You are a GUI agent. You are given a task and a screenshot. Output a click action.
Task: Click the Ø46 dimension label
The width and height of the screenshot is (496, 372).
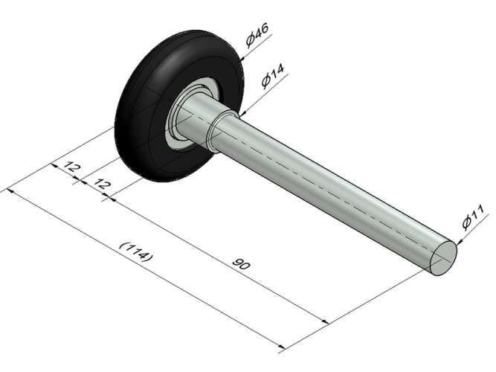pos(257,35)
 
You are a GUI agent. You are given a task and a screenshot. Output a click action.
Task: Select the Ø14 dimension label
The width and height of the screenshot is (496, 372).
pos(273,76)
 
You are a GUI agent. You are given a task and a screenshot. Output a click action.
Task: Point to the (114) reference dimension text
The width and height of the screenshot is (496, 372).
pos(136,252)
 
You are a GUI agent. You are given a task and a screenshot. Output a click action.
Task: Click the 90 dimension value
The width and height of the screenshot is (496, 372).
pos(241,263)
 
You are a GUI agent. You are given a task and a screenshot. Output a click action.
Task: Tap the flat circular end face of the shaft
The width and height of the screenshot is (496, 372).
pos(443,257)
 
